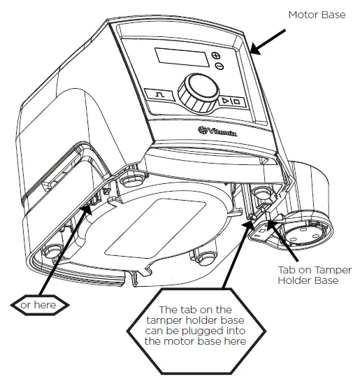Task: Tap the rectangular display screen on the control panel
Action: [177, 59]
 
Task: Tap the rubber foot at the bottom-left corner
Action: [52, 251]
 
